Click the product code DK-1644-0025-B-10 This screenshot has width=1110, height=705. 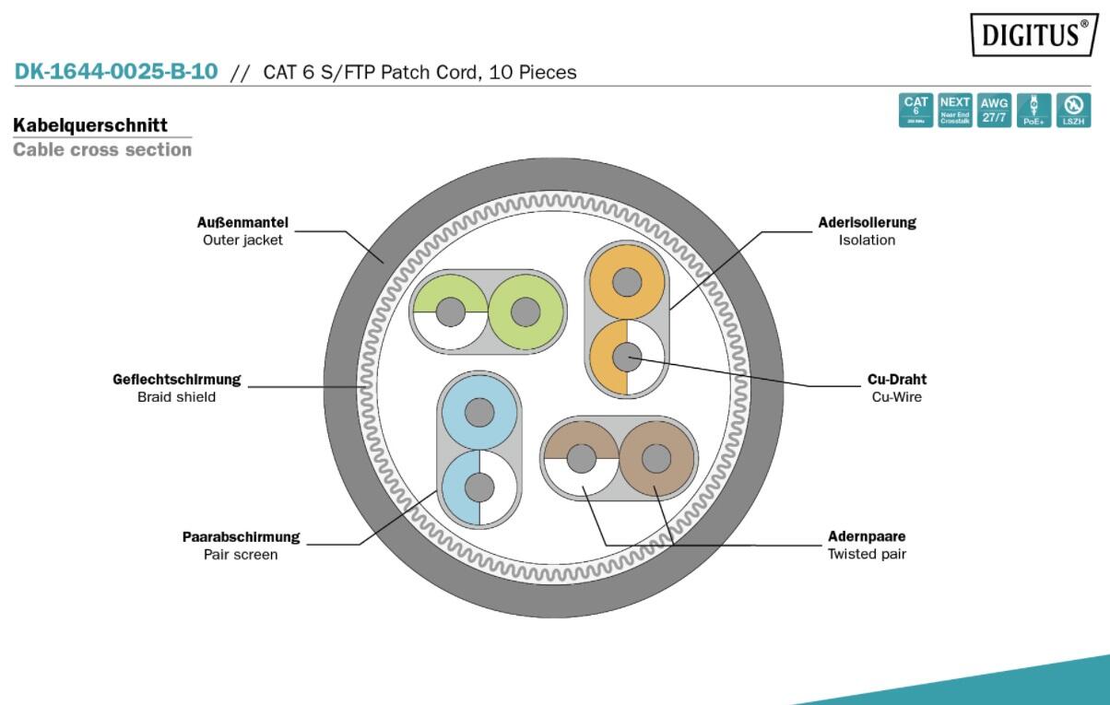point(116,72)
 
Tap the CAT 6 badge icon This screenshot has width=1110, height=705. point(915,110)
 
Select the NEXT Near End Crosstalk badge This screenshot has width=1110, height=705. point(955,110)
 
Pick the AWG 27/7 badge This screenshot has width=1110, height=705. point(994,110)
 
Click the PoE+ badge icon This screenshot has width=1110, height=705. point(1033,110)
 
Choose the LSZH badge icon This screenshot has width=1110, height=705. point(1073,110)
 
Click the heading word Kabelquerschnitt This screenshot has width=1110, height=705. point(90,125)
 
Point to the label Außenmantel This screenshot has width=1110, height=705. point(242,222)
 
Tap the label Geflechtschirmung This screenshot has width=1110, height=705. point(176,379)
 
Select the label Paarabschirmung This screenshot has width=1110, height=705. point(241,537)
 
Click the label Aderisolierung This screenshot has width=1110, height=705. point(867,222)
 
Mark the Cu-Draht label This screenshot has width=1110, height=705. point(897,379)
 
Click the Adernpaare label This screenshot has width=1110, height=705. point(867,536)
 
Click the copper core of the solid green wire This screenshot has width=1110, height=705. point(526,311)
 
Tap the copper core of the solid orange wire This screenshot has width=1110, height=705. point(627,281)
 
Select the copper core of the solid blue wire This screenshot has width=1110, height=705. point(479,412)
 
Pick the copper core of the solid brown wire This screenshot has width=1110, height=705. point(655,457)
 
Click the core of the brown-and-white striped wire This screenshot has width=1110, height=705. point(581,457)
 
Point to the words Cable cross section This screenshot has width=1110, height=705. point(102,149)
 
